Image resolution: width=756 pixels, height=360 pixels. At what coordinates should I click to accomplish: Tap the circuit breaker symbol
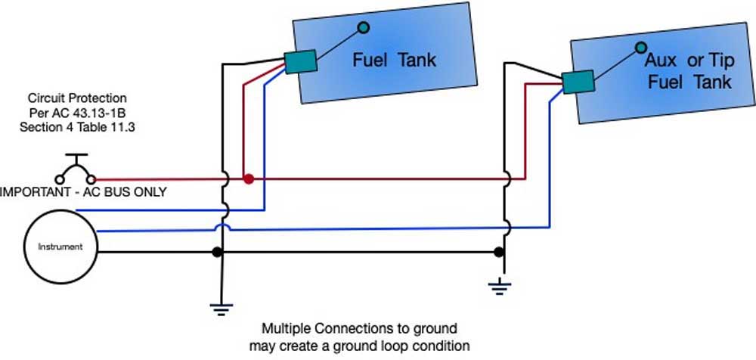pyautogui.click(x=76, y=170)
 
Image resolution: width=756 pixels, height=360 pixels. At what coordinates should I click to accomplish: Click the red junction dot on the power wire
pyautogui.click(x=248, y=179)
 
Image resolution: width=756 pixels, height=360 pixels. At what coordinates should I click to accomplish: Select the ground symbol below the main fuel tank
pyautogui.click(x=222, y=309)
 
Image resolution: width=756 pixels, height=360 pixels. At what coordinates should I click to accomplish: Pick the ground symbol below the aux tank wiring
pyautogui.click(x=500, y=287)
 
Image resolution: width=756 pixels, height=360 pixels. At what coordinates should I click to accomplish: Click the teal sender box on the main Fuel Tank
pyautogui.click(x=300, y=62)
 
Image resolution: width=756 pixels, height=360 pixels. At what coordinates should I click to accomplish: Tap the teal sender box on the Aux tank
pyautogui.click(x=578, y=82)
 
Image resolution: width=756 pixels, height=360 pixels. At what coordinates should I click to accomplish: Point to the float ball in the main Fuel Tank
pyautogui.click(x=364, y=27)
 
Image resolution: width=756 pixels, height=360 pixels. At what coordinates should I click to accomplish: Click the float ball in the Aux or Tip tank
pyautogui.click(x=640, y=48)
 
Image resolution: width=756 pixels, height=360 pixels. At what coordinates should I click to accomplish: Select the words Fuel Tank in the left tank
pyautogui.click(x=395, y=61)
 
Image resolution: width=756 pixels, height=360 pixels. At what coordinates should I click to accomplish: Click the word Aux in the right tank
pyautogui.click(x=661, y=61)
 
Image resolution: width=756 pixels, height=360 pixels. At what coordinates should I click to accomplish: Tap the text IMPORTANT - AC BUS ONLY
pyautogui.click(x=83, y=192)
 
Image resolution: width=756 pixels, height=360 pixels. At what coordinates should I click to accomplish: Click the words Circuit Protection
pyautogui.click(x=77, y=98)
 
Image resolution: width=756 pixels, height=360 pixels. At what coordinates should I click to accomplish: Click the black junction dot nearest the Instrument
pyautogui.click(x=217, y=252)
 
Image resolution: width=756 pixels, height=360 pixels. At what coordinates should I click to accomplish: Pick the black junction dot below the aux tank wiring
pyautogui.click(x=499, y=252)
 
